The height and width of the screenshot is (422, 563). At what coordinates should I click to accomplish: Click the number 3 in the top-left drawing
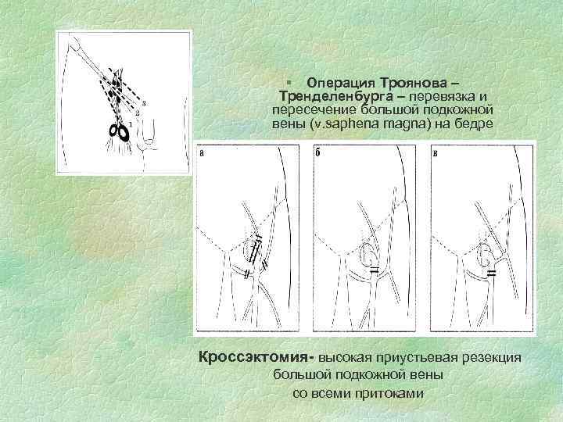(x=145, y=103)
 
